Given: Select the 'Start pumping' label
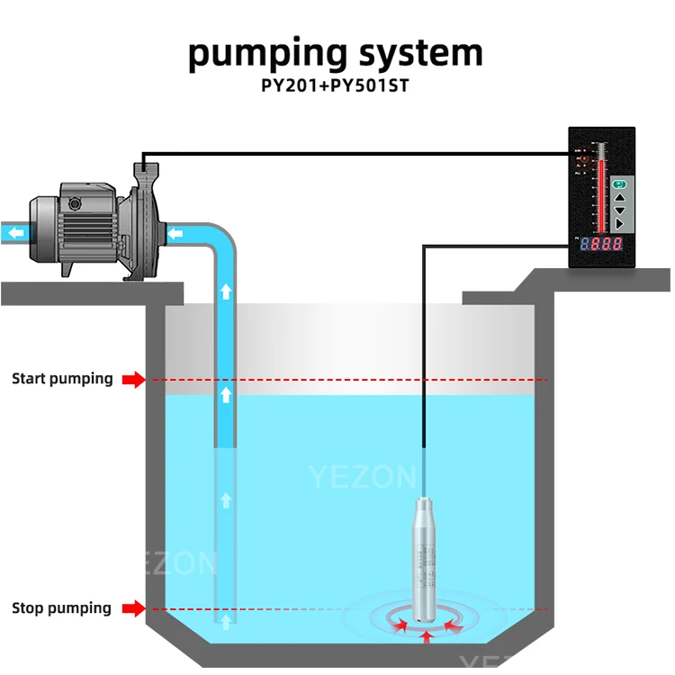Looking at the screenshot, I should click(62, 379).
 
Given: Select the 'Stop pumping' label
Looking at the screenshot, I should click(62, 608).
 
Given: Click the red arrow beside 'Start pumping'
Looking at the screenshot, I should click(133, 380).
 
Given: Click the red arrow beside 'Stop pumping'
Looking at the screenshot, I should click(133, 609).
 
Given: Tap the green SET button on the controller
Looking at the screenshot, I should click(619, 184).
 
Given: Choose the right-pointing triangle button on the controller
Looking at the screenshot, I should click(619, 223).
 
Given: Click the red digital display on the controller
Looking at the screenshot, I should click(601, 244).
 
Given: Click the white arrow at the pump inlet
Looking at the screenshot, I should click(176, 234).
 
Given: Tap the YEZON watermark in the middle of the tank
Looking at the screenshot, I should click(363, 477).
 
